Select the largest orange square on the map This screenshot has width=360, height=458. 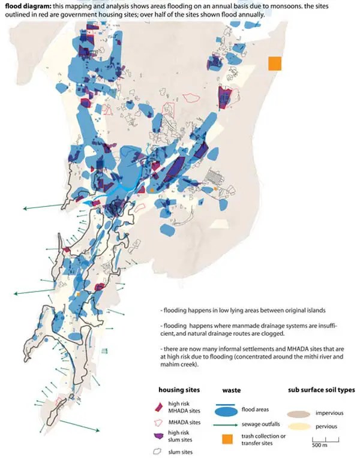[275, 64]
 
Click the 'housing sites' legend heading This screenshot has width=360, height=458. [179, 390]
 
